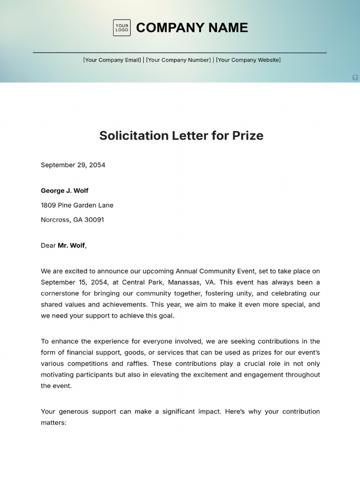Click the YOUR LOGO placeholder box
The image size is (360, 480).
pos(121,28)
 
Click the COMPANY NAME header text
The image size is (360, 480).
pos(192,28)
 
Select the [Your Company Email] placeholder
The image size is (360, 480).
pos(112,60)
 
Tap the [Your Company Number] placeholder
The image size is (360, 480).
pos(179,60)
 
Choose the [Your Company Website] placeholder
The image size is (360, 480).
pos(248,60)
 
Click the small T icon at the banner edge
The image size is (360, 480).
pos(355,77)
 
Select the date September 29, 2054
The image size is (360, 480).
pos(73,165)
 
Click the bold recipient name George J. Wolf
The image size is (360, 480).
pos(65,191)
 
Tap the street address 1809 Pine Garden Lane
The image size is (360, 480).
pos(77,205)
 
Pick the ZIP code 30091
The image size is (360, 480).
pos(94,220)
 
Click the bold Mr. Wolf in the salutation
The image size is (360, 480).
pos(71,246)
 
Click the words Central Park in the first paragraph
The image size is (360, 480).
pos(140,282)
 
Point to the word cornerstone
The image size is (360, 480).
pos(61,293)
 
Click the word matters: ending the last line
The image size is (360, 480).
pos(54,423)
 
